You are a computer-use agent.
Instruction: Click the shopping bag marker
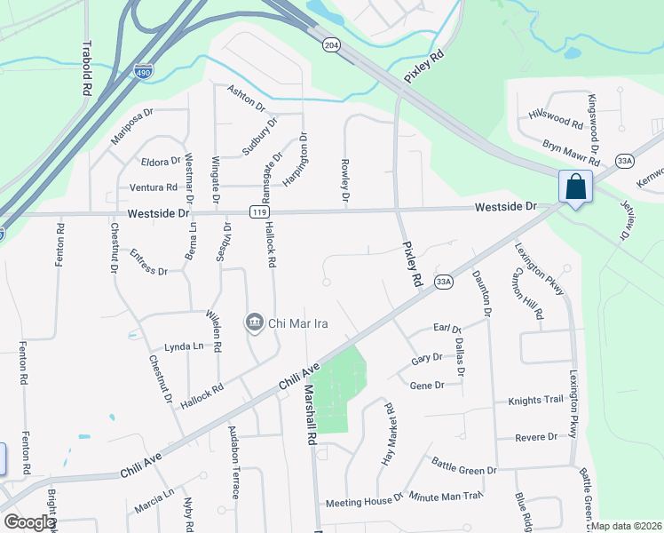coord(575,187)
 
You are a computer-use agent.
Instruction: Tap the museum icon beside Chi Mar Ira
coord(255,322)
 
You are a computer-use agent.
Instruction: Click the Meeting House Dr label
coord(364,503)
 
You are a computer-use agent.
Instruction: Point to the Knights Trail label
coord(535,401)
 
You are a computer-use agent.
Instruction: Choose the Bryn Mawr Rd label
coord(572,152)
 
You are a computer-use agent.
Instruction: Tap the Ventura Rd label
coord(154,187)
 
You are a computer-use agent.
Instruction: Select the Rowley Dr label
coord(344,180)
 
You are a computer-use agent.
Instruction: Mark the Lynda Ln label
coord(184,346)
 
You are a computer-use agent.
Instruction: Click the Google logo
coord(29,522)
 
